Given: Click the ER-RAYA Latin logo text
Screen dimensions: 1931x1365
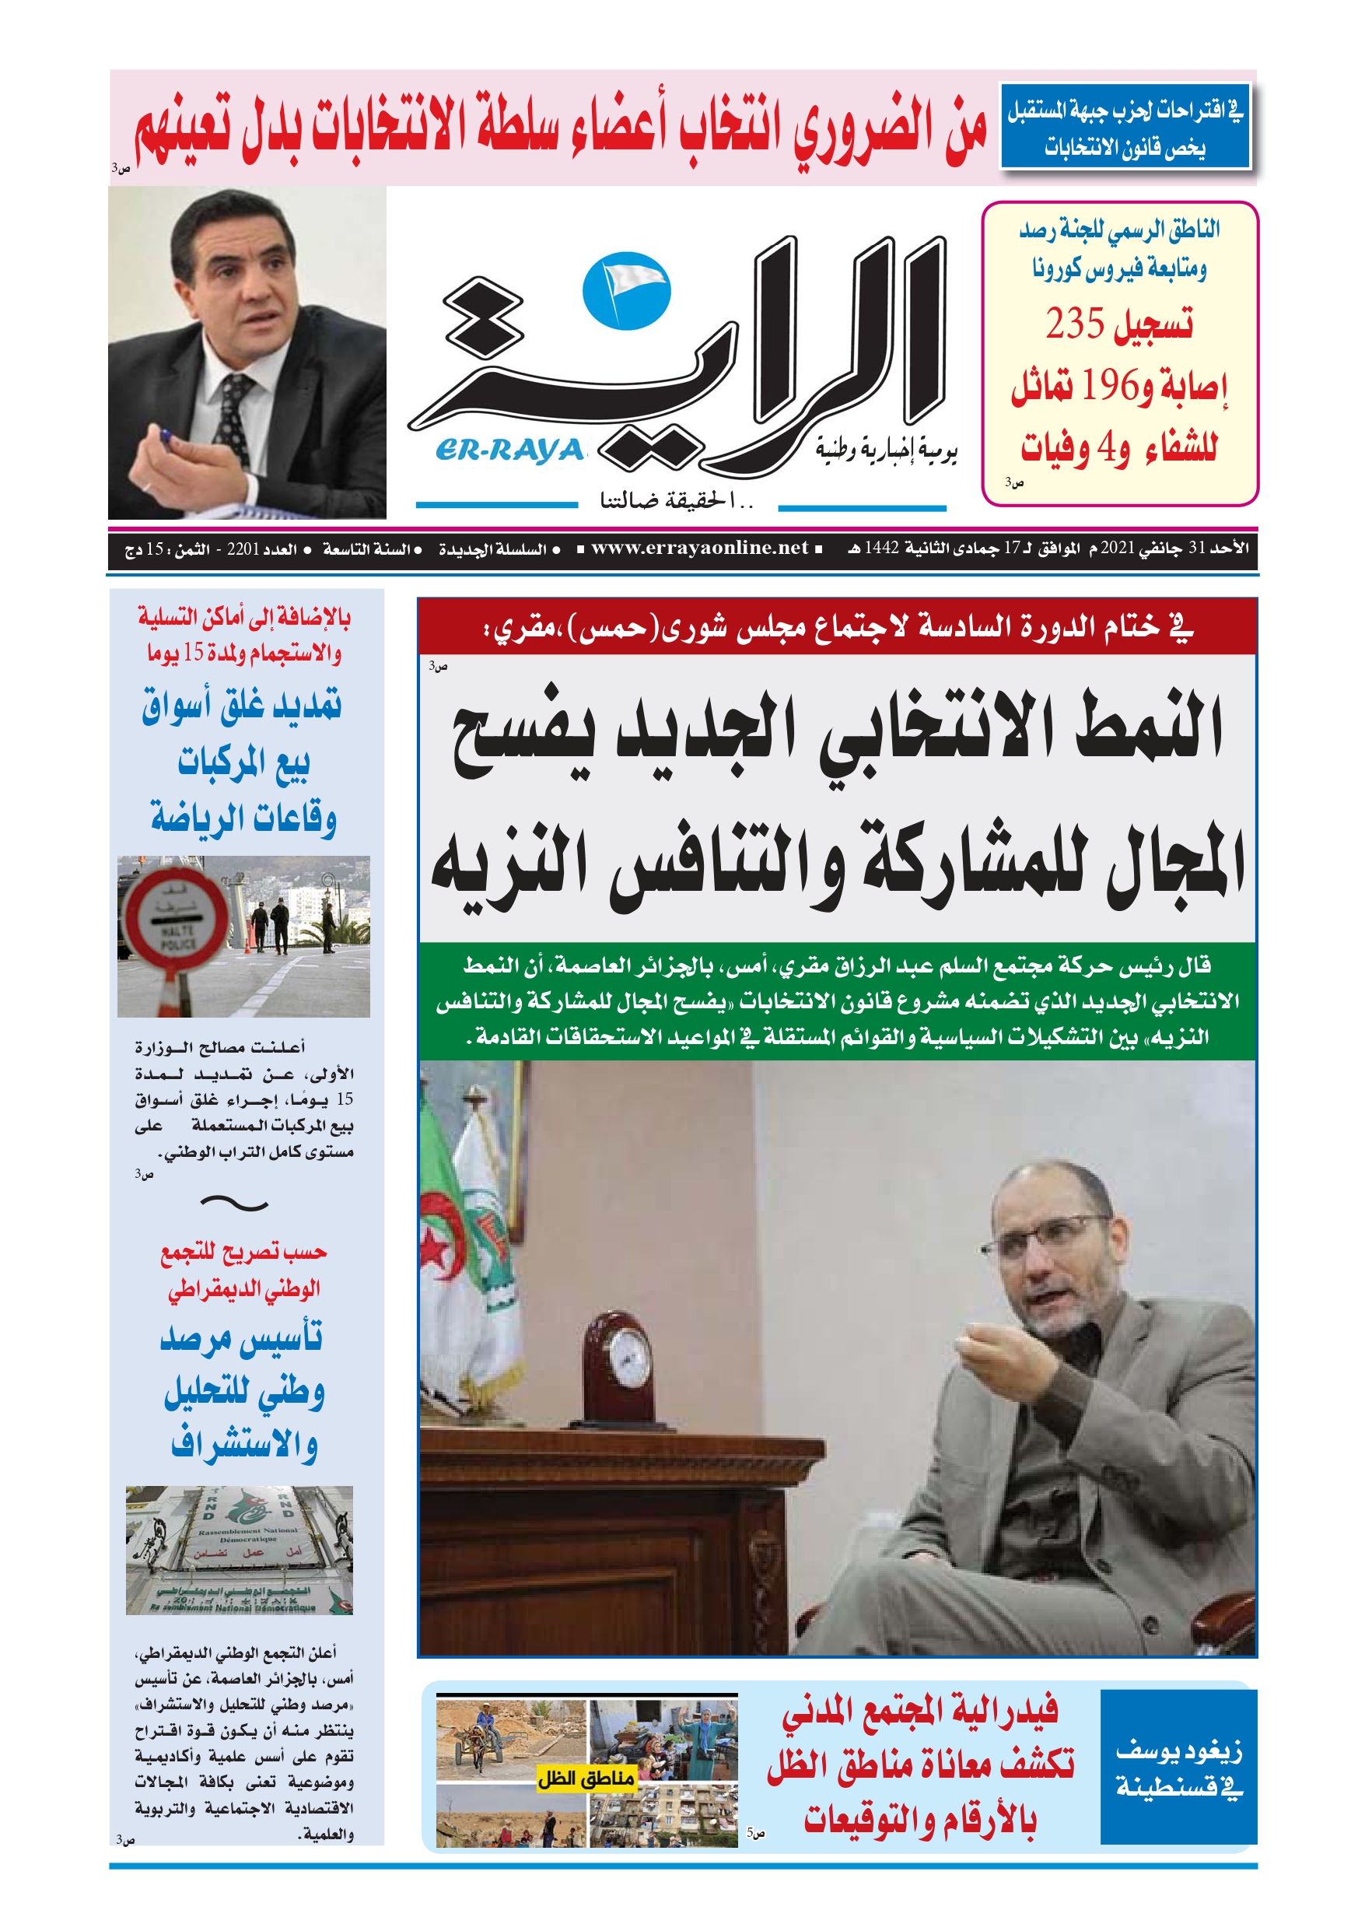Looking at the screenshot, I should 509,452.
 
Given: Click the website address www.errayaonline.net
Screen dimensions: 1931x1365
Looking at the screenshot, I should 699,548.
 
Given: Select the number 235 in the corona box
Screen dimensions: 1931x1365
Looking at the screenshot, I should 1074,324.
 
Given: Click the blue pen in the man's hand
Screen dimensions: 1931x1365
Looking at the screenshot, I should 165,435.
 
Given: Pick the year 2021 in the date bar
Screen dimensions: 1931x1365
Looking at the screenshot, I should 1118,548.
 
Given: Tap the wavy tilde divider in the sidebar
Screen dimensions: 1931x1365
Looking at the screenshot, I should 235,1205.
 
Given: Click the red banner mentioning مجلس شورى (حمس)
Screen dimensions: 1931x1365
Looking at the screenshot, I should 836,627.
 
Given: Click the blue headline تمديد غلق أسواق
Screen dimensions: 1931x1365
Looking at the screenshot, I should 241,706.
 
